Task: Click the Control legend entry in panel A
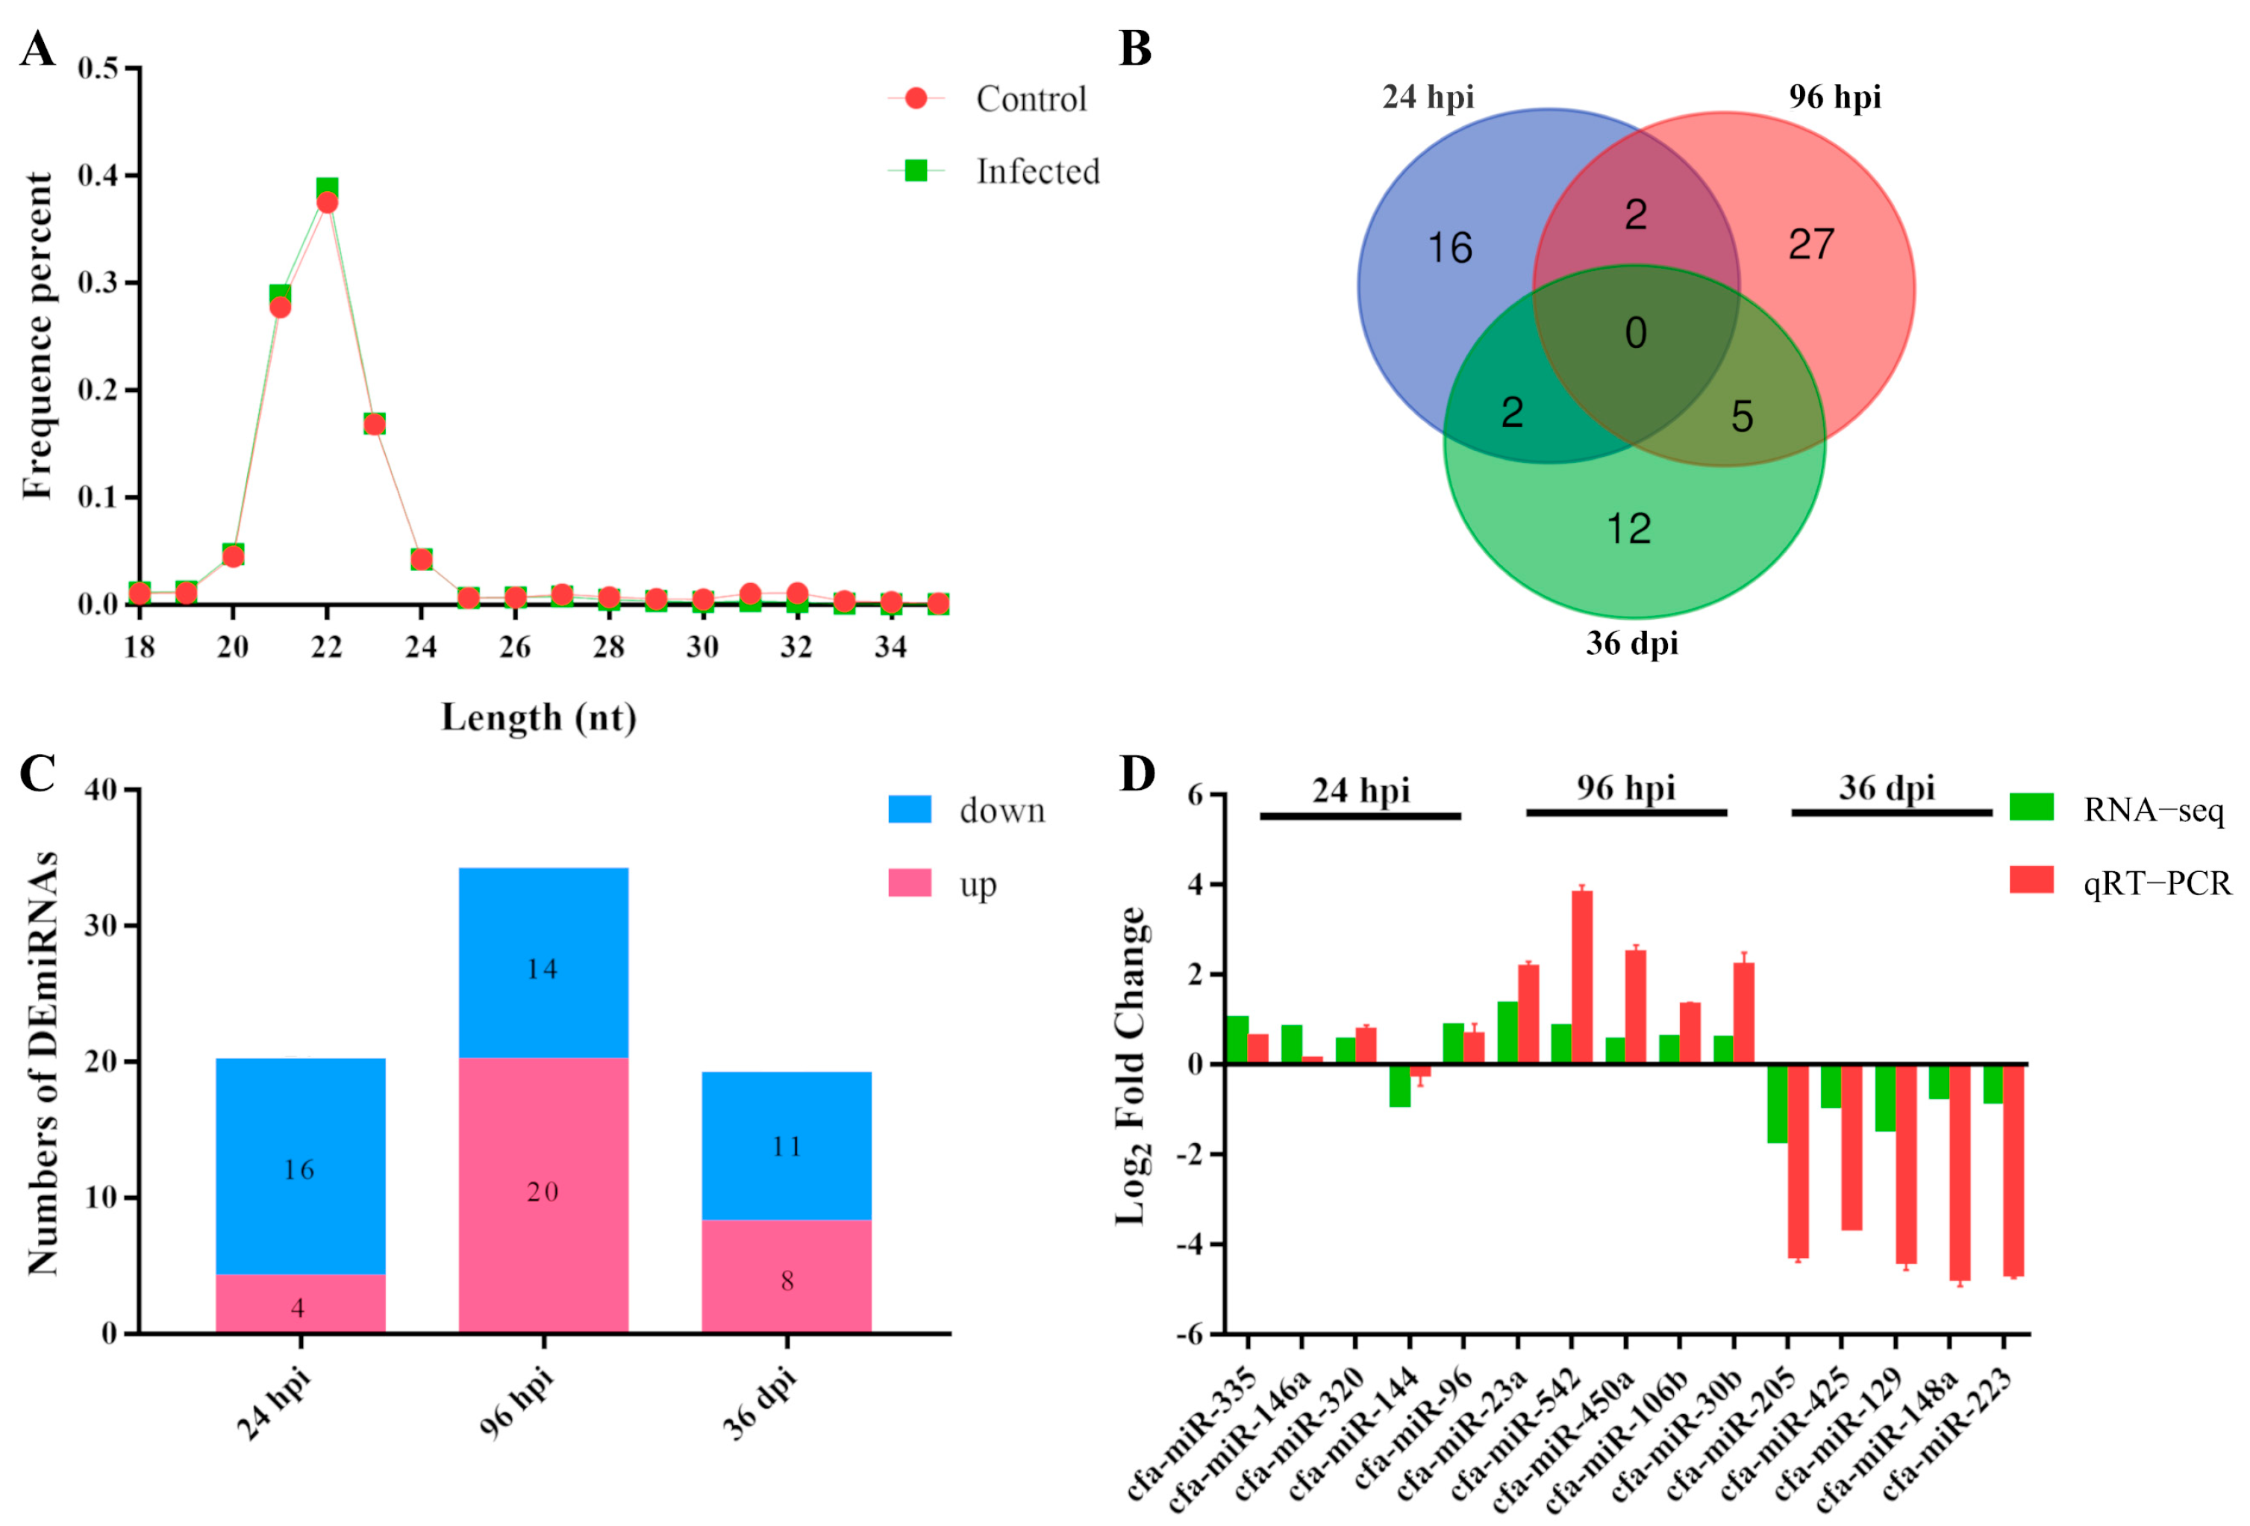click(1030, 99)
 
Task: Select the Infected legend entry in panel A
click(1036, 172)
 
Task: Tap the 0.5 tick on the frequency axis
click(98, 68)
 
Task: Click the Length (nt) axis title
click(538, 717)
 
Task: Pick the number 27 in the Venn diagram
click(1810, 244)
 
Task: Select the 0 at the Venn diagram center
click(1635, 333)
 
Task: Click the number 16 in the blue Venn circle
click(1449, 249)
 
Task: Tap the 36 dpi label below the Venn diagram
click(1631, 643)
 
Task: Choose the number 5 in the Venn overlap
click(1742, 417)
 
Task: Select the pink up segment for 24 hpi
click(300, 1304)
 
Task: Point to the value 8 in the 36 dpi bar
click(787, 1281)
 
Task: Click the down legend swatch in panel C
click(909, 809)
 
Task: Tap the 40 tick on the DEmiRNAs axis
click(101, 790)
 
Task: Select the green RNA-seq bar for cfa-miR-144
click(1399, 1086)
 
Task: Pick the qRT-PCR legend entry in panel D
click(2156, 883)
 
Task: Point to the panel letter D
click(1137, 773)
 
